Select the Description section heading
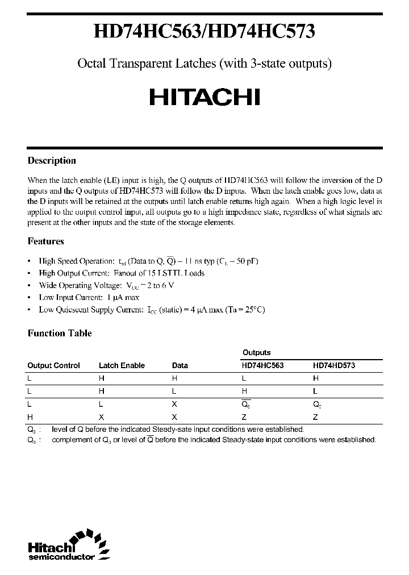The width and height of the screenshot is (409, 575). pos(52,161)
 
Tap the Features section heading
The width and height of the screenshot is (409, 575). pos(46,241)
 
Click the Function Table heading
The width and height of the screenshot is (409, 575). pos(60,334)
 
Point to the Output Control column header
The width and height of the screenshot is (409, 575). pos(54,366)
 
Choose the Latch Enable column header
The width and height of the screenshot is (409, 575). pos(122,366)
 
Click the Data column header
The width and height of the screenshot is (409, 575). pos(180,366)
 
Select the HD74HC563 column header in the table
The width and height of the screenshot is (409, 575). pos(263,366)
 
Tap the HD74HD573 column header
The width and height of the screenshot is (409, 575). pos(334,366)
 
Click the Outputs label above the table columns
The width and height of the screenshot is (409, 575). pos(257,353)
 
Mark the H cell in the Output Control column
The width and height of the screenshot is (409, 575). pos(30,416)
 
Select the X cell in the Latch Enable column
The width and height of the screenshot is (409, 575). pos(101,416)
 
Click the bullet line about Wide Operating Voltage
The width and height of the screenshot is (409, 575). pos(106,286)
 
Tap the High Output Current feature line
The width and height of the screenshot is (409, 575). pos(122,273)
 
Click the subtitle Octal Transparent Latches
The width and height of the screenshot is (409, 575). pos(204,64)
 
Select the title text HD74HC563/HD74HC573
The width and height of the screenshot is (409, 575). pos(204,33)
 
